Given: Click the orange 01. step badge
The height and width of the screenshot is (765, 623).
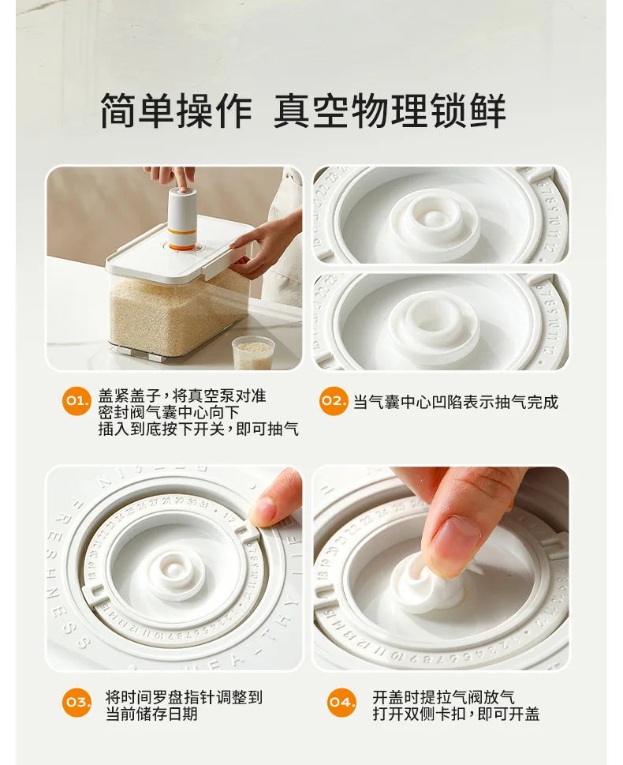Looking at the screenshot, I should (x=76, y=402).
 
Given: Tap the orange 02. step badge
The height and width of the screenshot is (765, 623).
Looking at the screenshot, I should (x=334, y=402).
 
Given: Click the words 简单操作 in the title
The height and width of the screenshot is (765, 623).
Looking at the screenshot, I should (x=176, y=111).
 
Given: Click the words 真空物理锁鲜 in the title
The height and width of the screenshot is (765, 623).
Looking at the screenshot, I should (x=390, y=111).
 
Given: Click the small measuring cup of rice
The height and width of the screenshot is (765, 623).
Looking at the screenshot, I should (x=253, y=352).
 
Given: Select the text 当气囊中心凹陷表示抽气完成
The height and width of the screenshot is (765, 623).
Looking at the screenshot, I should (x=455, y=402).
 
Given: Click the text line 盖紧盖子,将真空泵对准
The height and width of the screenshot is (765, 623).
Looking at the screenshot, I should (x=182, y=396).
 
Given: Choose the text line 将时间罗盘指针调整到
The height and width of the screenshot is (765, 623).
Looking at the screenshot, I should (x=185, y=697).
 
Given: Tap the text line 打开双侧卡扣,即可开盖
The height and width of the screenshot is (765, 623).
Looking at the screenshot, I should (x=456, y=714).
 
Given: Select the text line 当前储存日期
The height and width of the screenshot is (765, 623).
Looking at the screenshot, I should (x=151, y=714).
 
